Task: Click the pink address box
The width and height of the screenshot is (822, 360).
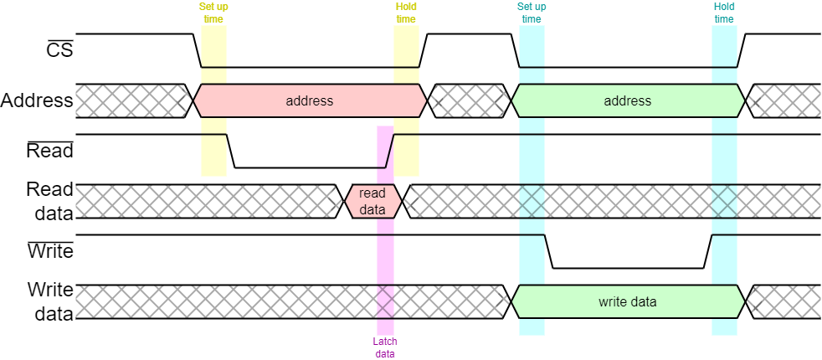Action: (x=310, y=100)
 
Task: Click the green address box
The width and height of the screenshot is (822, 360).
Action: (x=628, y=100)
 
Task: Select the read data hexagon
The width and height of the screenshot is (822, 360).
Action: (x=373, y=202)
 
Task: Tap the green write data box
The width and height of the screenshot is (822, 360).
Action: (x=628, y=301)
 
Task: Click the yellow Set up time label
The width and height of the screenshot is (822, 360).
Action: (x=213, y=13)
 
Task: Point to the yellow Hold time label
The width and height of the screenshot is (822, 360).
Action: (x=406, y=13)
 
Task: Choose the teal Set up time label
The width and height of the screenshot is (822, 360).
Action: (x=532, y=13)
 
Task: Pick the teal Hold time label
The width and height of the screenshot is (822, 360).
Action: (x=724, y=13)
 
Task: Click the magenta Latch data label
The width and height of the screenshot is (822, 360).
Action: (x=385, y=347)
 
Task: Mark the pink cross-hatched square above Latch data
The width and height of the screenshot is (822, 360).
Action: (x=385, y=301)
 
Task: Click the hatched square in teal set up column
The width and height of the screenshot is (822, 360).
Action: (x=532, y=201)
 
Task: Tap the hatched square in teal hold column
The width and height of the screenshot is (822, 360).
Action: (x=724, y=201)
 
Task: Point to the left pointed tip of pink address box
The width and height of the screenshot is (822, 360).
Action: (x=195, y=100)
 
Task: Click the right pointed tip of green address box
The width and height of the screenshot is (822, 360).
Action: (x=742, y=100)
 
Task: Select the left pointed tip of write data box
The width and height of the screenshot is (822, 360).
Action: (x=513, y=301)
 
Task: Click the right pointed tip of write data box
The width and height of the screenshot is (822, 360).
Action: (x=742, y=301)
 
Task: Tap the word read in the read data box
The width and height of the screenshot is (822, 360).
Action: (x=373, y=193)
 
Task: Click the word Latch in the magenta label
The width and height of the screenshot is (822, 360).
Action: (x=385, y=342)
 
